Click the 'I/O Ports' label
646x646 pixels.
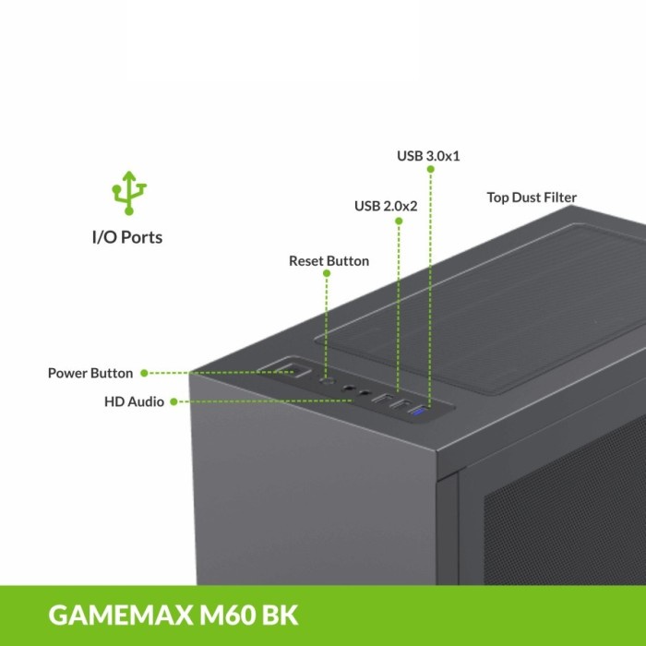point(127,237)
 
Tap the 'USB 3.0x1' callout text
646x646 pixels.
point(428,156)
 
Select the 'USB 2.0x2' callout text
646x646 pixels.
point(386,205)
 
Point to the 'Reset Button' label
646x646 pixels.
point(329,261)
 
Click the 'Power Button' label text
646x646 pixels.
point(90,374)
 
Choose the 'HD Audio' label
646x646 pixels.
point(135,401)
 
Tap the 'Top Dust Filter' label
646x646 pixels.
point(532,197)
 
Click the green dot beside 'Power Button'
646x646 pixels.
point(142,374)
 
